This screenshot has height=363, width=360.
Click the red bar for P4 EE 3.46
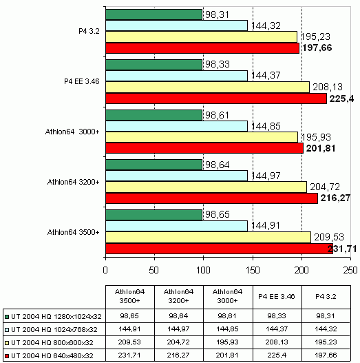pos(216,98)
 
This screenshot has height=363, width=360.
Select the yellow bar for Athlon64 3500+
pos(209,237)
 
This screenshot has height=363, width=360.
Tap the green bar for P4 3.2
pos(154,14)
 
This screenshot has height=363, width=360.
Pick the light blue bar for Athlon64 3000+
pos(176,126)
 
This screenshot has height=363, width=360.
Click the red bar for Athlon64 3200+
pos(212,198)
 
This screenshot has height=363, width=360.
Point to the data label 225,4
pos(341,99)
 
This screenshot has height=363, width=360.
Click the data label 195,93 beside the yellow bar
pos(316,137)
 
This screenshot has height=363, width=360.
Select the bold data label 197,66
pos(317,48)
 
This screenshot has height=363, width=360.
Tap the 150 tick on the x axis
pos(253,270)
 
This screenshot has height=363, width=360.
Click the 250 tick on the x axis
pos(350,270)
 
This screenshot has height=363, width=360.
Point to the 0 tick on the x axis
pos(105,270)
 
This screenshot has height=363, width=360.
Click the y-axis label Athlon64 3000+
pos(72,132)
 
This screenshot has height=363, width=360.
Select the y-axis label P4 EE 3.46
pos(82,81)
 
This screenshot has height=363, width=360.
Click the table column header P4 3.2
pos(326,297)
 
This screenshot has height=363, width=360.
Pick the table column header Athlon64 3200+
pos(178,296)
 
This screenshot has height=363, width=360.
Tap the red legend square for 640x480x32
pos(7,356)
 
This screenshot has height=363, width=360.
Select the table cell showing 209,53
pos(129,342)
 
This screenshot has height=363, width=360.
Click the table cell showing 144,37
pos(277,329)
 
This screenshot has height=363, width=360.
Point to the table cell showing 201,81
pos(227,355)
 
